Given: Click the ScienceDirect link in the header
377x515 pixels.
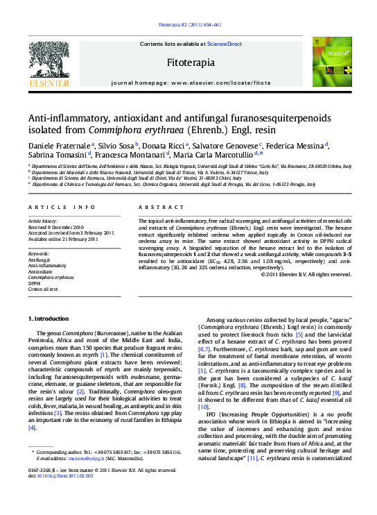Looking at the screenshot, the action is click(225, 44).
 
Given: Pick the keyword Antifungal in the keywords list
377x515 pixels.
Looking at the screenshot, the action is click(40, 260).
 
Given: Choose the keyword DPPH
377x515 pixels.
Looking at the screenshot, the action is click(35, 282).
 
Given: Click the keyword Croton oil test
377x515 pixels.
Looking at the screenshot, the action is click(43, 287).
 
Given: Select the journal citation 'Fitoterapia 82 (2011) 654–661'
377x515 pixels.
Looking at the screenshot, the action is click(188, 25).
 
